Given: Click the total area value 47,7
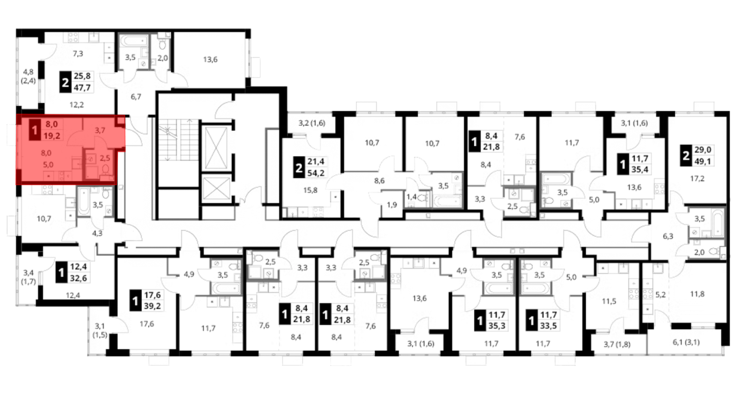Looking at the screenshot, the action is [82, 87].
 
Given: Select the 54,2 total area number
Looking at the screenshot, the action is [316, 173].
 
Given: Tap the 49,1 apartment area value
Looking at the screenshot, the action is [703, 161].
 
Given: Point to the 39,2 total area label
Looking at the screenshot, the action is [152, 306].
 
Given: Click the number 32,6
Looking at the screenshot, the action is [78, 278].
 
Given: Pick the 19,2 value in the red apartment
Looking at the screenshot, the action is [52, 135].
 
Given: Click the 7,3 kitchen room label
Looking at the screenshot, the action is [78, 54].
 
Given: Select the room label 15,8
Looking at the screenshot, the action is [310, 190].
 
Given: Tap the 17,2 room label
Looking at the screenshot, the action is [697, 178].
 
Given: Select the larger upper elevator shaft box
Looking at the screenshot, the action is [216, 148].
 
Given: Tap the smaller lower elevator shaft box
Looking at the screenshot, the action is [216, 188].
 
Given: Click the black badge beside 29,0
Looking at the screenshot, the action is [686, 156].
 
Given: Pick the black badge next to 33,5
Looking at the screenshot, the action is [531, 320].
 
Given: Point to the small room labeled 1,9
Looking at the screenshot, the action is [392, 205].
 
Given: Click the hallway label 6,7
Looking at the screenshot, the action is [136, 97].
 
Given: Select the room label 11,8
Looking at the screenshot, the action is [697, 294].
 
